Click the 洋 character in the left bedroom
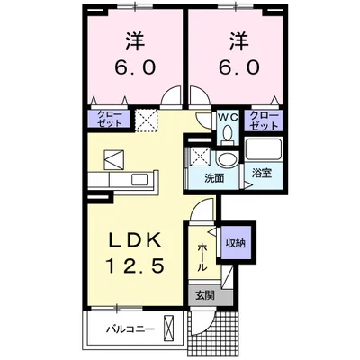tap(135, 40)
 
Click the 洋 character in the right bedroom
tap(237, 40)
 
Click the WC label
tap(228, 116)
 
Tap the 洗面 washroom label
tap(214, 178)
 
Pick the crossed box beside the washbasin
tap(198, 157)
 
